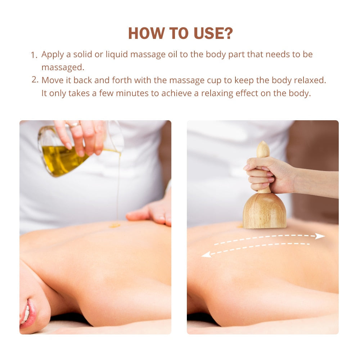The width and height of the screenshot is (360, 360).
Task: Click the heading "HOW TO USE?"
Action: pyautogui.click(x=180, y=33)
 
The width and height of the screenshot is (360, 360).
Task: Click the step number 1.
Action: pyautogui.click(x=34, y=55)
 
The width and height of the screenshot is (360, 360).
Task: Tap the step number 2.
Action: pyautogui.click(x=35, y=80)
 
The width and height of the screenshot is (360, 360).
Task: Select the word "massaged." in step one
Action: pyautogui.click(x=63, y=67)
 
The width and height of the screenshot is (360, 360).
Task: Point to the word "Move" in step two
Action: pyautogui.click(x=51, y=80)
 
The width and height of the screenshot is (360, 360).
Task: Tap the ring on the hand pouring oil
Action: pyautogui.click(x=74, y=125)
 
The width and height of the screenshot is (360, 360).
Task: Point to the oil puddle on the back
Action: pyautogui.click(x=114, y=225)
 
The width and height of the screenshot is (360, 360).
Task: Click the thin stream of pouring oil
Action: pyautogui.click(x=118, y=187)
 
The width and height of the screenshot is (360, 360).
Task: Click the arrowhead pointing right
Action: pyautogui.click(x=320, y=236)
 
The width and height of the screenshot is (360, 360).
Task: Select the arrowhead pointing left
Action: pyautogui.click(x=206, y=255)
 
